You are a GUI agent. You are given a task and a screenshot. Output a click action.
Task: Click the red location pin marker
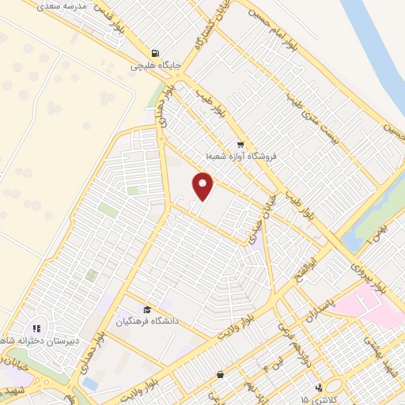click(203, 187)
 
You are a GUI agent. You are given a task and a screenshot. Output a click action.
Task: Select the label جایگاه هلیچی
click(157, 66)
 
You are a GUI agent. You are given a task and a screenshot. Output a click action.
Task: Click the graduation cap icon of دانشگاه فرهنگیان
click(147, 309)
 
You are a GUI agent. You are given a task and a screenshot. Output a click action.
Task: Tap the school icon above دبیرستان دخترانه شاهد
click(36, 328)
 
